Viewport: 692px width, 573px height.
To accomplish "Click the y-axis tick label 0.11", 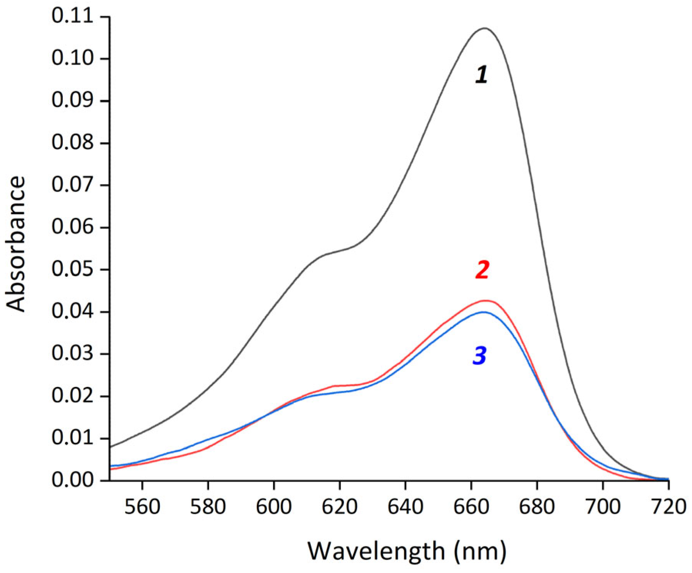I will click(72, 17).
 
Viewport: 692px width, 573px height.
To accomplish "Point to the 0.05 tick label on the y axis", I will click(72, 269).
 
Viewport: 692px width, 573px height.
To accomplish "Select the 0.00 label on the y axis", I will click(72, 480).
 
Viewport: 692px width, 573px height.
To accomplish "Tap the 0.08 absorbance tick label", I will click(72, 143).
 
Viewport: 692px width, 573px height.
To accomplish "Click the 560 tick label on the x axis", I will click(142, 507).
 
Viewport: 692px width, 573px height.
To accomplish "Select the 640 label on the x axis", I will click(405, 507).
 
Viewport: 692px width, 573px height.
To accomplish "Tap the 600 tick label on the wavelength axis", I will click(273, 507).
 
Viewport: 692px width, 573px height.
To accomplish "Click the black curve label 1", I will click(481, 75).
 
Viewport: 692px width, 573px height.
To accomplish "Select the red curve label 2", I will click(482, 270).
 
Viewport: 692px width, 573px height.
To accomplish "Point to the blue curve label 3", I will click(480, 356).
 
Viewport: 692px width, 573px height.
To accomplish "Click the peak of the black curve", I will click(484, 28).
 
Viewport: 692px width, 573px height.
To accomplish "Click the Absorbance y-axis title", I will click(16, 243).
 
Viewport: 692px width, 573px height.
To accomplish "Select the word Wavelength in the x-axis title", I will click(375, 551).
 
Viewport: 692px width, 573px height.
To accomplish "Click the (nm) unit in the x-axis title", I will click(480, 551).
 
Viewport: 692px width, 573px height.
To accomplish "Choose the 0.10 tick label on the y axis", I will click(72, 59).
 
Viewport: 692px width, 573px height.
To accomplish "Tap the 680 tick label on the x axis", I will click(537, 507).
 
